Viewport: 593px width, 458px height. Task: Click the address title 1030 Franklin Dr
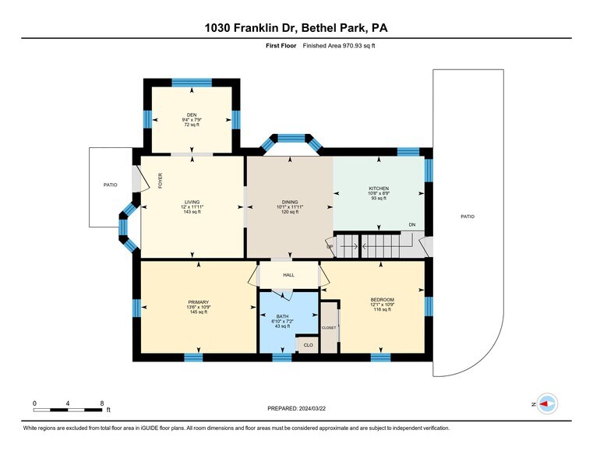pos(296,28)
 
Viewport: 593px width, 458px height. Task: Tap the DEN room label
pos(191,113)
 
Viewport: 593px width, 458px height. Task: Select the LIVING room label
pos(192,202)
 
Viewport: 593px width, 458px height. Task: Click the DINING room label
pos(290,202)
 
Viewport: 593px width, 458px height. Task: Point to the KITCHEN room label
pos(379,188)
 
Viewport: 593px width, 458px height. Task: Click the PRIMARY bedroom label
pos(198,301)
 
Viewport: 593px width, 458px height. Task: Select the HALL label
pos(288,276)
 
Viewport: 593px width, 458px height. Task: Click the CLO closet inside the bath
pos(308,344)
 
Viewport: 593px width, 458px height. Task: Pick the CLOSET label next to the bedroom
pos(329,328)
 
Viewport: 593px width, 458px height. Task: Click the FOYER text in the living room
pos(161,181)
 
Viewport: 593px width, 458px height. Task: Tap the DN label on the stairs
pos(411,225)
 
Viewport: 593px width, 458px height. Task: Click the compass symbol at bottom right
pos(547,403)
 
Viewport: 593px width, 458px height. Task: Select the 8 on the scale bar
pos(102,403)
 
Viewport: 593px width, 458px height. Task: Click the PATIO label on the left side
pos(111,185)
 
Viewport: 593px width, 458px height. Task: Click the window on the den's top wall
pos(192,81)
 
